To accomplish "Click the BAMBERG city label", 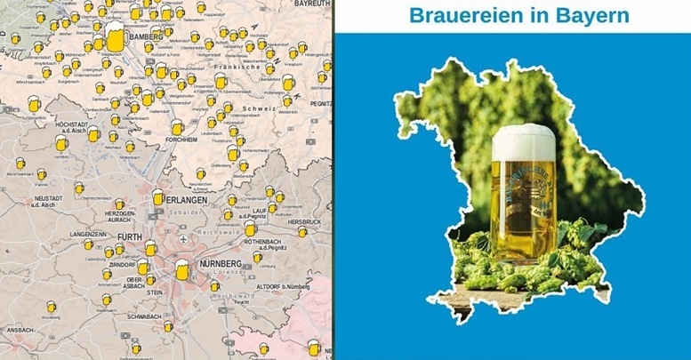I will [145, 38].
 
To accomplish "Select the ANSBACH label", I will [20, 329].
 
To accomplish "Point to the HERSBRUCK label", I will [304, 221].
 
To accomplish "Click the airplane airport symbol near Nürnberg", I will [183, 239].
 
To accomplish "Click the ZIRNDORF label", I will [117, 264].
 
